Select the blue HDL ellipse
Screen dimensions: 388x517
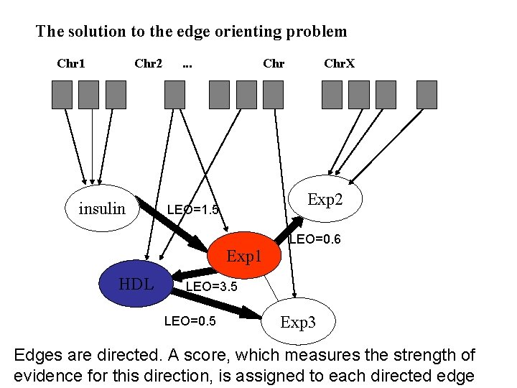136,285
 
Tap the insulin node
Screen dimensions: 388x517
101,209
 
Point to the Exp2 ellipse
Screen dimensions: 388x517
325,199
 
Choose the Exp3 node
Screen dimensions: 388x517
297,322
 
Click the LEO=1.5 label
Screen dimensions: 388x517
192,210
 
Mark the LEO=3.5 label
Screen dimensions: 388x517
212,287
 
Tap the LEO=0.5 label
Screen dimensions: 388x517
190,321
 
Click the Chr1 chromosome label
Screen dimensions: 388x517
71,63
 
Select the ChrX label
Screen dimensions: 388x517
339,63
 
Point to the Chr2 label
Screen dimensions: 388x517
148,63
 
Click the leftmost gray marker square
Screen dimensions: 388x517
62,94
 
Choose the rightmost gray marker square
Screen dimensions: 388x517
427,94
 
